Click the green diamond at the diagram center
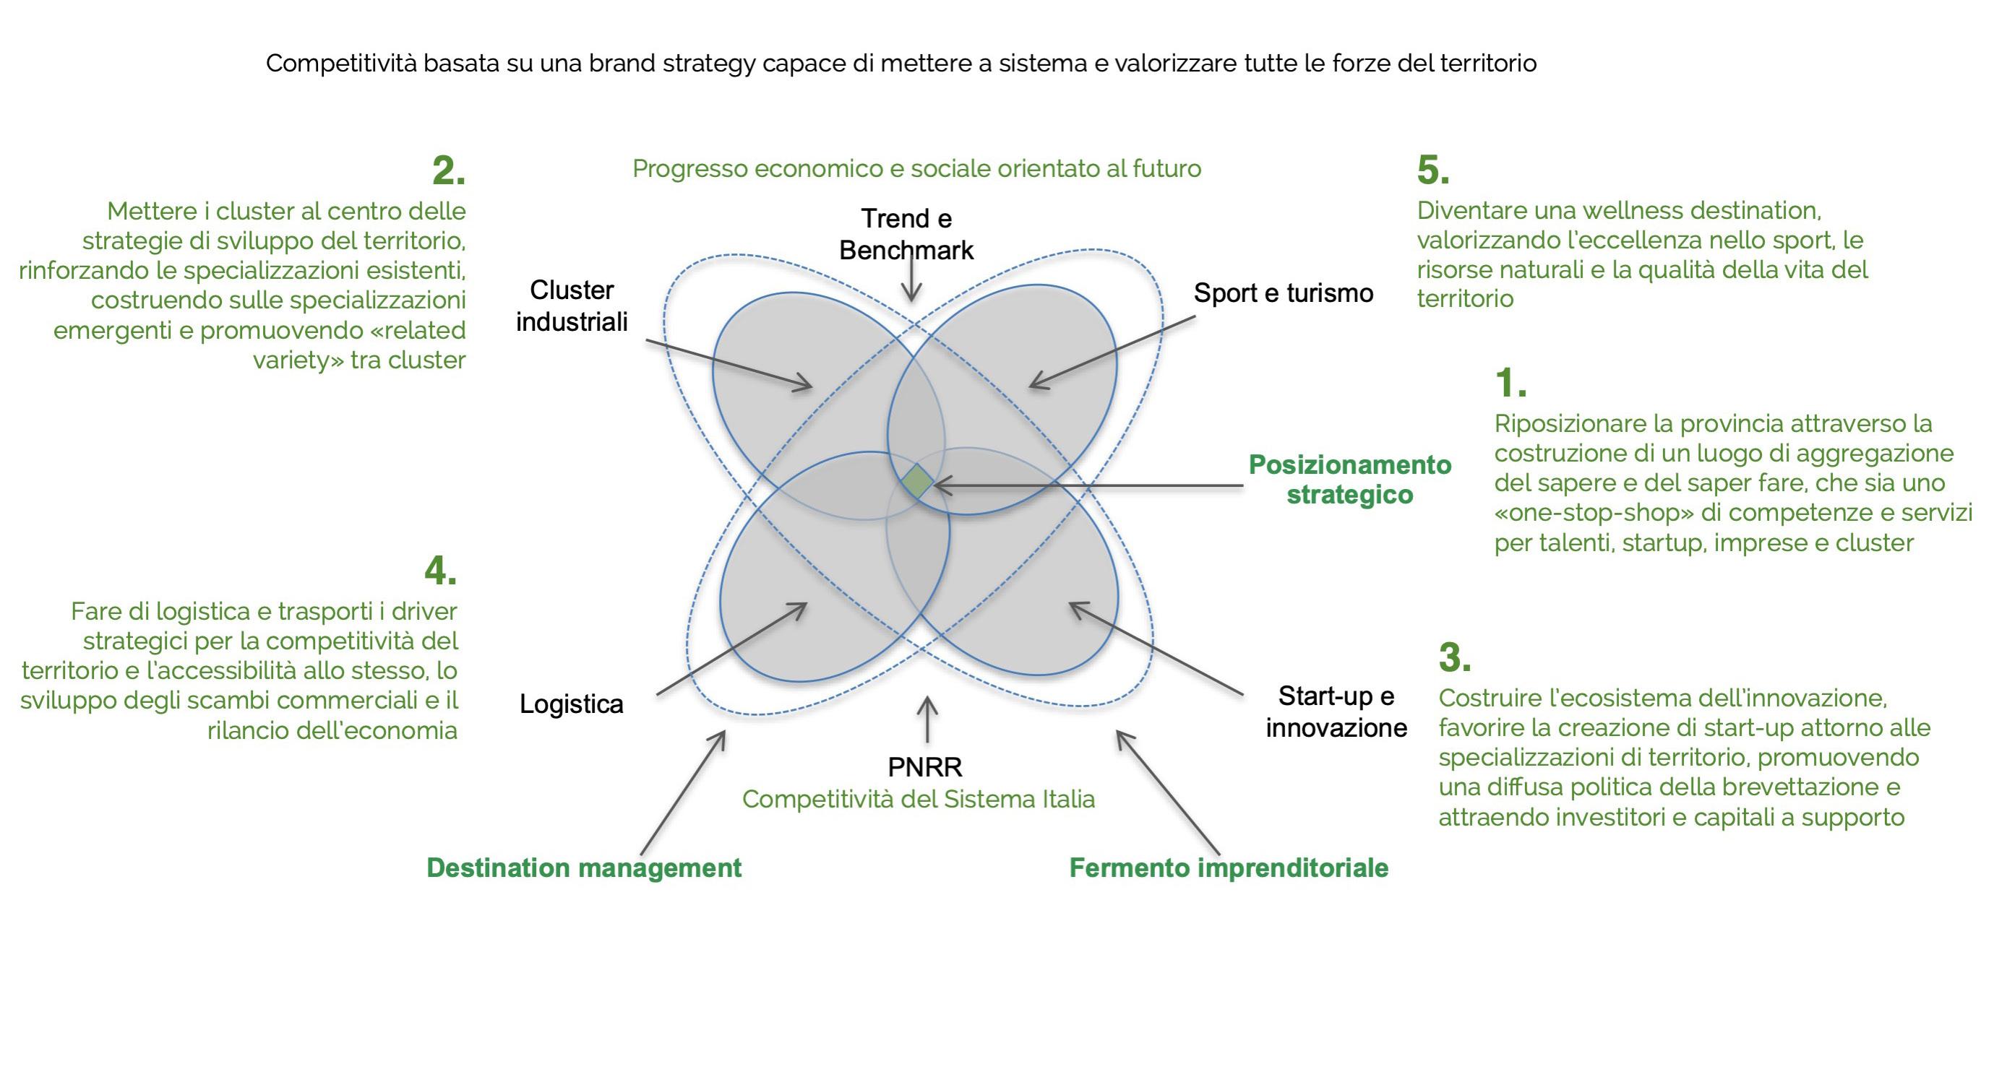point(917,481)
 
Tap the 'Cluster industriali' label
point(571,306)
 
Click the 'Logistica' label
point(571,704)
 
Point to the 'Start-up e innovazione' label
point(1336,711)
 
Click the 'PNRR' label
point(925,767)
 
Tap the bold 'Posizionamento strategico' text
point(1349,480)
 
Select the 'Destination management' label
point(583,868)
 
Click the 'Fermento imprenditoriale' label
point(1228,868)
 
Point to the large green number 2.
point(448,170)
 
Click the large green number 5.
point(1432,170)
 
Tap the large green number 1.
point(1510,383)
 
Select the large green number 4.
point(440,571)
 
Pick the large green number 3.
point(1455,657)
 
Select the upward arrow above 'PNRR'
point(927,720)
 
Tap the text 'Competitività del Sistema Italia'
point(918,799)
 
